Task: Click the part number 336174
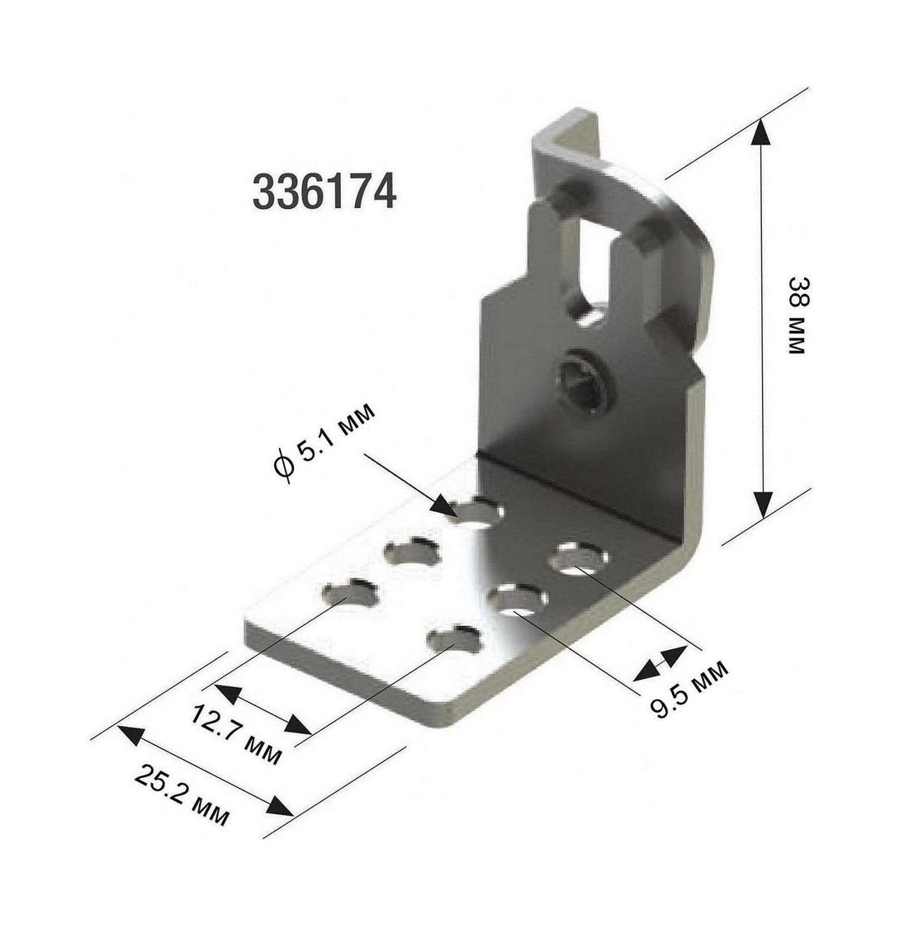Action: coord(324,192)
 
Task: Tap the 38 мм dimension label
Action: coord(797,315)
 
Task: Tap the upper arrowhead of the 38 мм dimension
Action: coord(761,131)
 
